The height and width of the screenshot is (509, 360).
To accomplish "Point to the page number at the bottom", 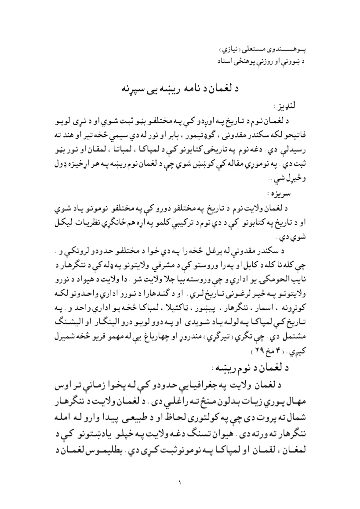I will tap(180, 484).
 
